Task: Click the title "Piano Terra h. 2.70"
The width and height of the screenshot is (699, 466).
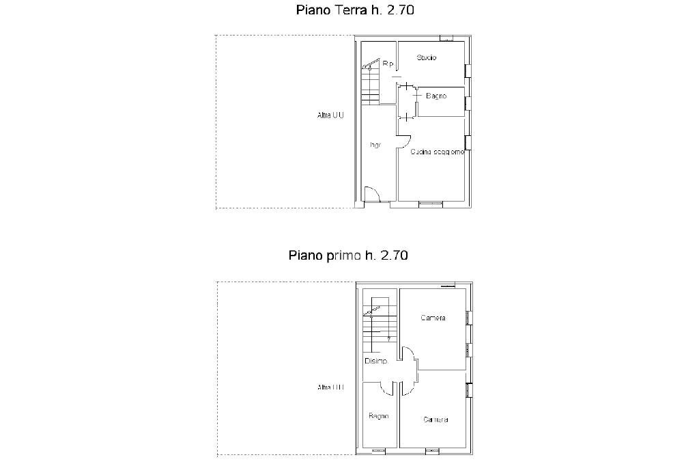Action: tap(355, 10)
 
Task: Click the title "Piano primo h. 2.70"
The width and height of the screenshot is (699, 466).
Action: tap(348, 256)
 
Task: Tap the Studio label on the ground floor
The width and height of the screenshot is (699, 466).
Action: tap(427, 58)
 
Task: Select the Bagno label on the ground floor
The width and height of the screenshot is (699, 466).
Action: tap(436, 96)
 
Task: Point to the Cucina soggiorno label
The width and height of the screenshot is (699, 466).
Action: tap(438, 152)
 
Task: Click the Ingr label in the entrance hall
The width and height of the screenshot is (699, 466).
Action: tap(375, 145)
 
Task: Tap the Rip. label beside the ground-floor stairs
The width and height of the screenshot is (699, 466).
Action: tap(388, 64)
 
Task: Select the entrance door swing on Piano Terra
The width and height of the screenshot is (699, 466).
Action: tap(372, 195)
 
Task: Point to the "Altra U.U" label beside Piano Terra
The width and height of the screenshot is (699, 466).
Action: tap(330, 115)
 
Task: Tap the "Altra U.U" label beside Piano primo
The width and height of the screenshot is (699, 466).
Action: tap(330, 387)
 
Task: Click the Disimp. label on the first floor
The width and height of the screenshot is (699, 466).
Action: tap(375, 361)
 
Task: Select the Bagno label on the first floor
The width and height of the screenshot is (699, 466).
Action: tap(379, 415)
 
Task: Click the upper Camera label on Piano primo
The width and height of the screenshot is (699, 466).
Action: tap(433, 318)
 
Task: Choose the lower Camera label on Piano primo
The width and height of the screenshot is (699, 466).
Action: tap(436, 420)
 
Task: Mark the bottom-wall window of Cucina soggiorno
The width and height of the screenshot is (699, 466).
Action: tap(431, 203)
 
